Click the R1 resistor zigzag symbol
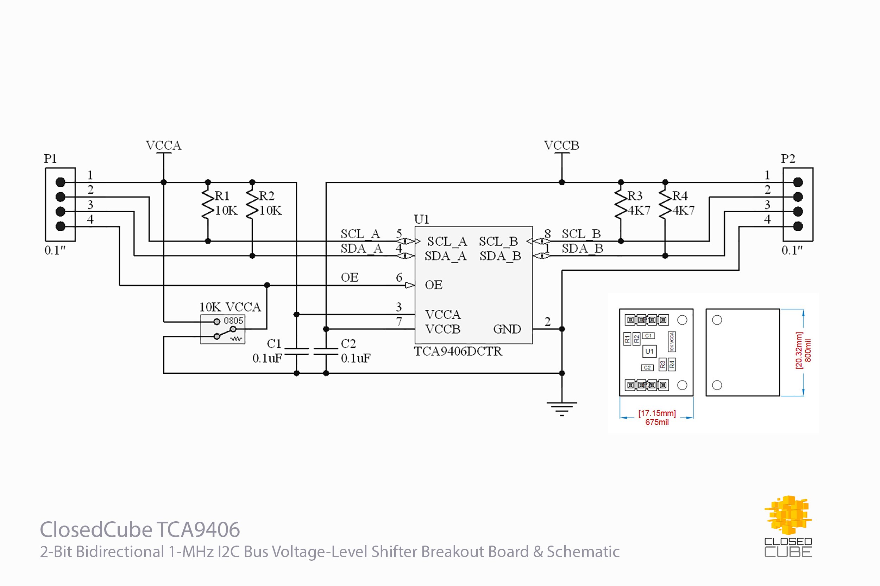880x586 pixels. click(x=208, y=204)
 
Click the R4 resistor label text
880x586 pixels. click(x=680, y=196)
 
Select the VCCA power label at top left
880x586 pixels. click(x=163, y=146)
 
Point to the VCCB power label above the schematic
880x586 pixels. click(x=561, y=146)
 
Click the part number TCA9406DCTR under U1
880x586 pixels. click(x=458, y=351)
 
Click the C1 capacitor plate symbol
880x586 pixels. click(x=296, y=351)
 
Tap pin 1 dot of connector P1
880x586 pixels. click(x=60, y=182)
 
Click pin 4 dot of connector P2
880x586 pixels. click(x=798, y=226)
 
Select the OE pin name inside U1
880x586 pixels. click(x=434, y=285)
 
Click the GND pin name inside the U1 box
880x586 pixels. click(x=507, y=329)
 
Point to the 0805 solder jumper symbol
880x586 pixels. click(x=223, y=329)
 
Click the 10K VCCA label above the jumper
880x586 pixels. click(x=230, y=307)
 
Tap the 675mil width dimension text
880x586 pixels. click(x=656, y=422)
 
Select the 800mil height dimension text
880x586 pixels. click(x=808, y=350)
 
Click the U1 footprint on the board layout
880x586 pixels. click(x=649, y=351)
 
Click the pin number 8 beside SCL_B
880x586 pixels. click(x=547, y=233)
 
